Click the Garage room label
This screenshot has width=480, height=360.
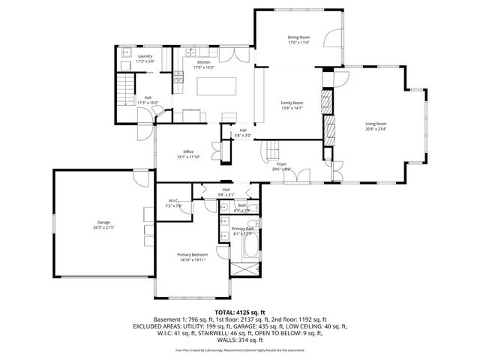pos(104,224)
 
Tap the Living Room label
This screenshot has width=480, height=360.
pos(376,125)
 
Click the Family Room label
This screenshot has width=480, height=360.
pos(292,103)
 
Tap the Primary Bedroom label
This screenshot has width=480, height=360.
pos(191,256)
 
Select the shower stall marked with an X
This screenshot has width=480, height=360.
pos(245,268)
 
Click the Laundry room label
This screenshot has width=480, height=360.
pos(145,56)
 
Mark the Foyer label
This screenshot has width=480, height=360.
pos(281,163)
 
